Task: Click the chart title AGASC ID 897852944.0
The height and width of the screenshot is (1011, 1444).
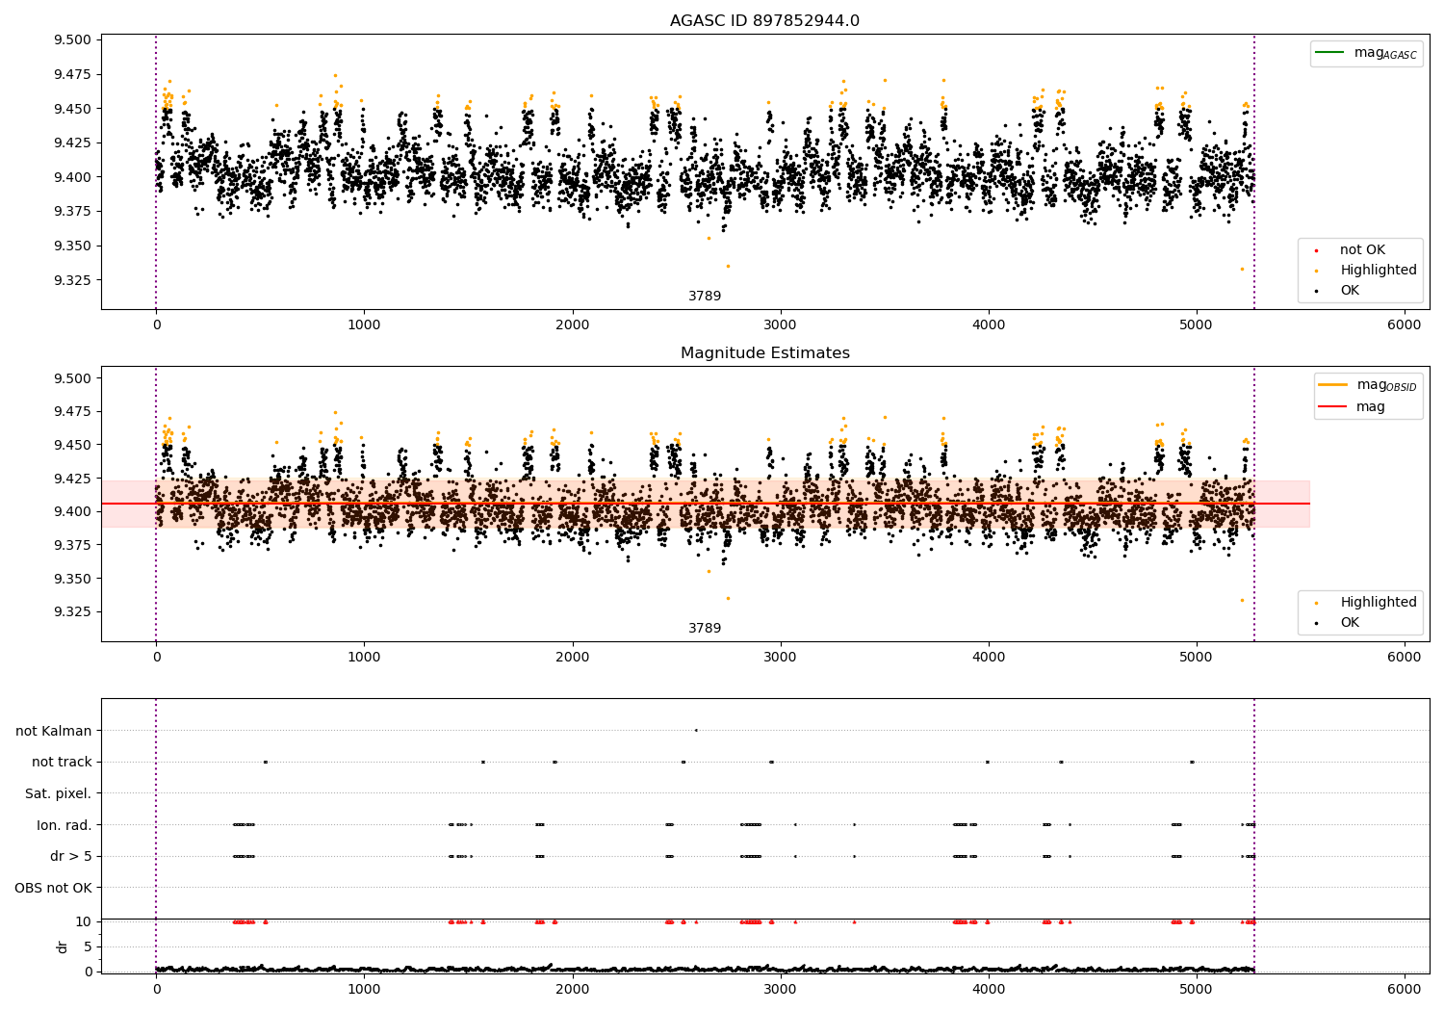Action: (x=764, y=21)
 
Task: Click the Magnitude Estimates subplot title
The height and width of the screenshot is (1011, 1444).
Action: (x=764, y=353)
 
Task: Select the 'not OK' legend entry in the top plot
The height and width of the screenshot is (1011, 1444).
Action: (x=1362, y=250)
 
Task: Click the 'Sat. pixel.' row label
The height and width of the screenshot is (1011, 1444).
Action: (x=58, y=793)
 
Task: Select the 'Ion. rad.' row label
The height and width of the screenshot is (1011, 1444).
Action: (x=64, y=825)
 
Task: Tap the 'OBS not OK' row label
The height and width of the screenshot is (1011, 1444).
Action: (x=53, y=888)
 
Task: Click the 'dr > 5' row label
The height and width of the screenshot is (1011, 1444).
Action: (x=71, y=856)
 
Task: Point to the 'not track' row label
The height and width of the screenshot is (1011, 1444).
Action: (x=62, y=762)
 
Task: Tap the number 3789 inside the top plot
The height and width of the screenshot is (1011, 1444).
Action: (x=705, y=297)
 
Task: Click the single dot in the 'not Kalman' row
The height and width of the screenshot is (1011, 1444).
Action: (x=696, y=730)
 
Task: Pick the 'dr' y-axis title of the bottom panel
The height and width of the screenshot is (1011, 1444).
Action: (x=63, y=946)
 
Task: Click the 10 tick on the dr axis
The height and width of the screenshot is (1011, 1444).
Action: (x=85, y=921)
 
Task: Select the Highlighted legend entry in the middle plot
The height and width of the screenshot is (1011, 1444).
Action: (x=1378, y=603)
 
